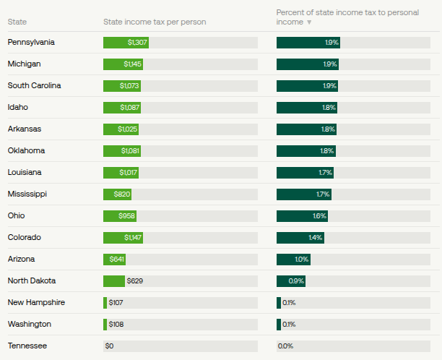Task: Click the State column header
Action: point(17,22)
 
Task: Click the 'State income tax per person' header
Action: point(155,22)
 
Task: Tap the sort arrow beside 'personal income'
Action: point(310,22)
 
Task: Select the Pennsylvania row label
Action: point(31,42)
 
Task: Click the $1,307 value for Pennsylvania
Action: point(137,43)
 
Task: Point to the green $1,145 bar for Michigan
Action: point(123,64)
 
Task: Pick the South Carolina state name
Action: point(34,85)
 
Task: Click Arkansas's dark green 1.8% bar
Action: point(306,129)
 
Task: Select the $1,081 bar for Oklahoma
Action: point(122,151)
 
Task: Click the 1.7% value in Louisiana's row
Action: point(325,173)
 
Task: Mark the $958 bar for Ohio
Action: point(120,216)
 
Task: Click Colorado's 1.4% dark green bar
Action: point(300,238)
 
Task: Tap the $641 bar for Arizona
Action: point(115,260)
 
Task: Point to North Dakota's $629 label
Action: point(136,281)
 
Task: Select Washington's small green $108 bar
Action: point(105,325)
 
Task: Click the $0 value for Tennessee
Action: point(110,346)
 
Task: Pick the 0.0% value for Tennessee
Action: point(285,346)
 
